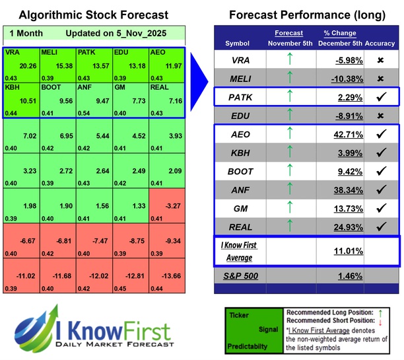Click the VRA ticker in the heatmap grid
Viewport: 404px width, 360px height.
click(12, 52)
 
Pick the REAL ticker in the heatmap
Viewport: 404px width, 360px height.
click(160, 87)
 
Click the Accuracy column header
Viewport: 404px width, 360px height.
click(382, 44)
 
